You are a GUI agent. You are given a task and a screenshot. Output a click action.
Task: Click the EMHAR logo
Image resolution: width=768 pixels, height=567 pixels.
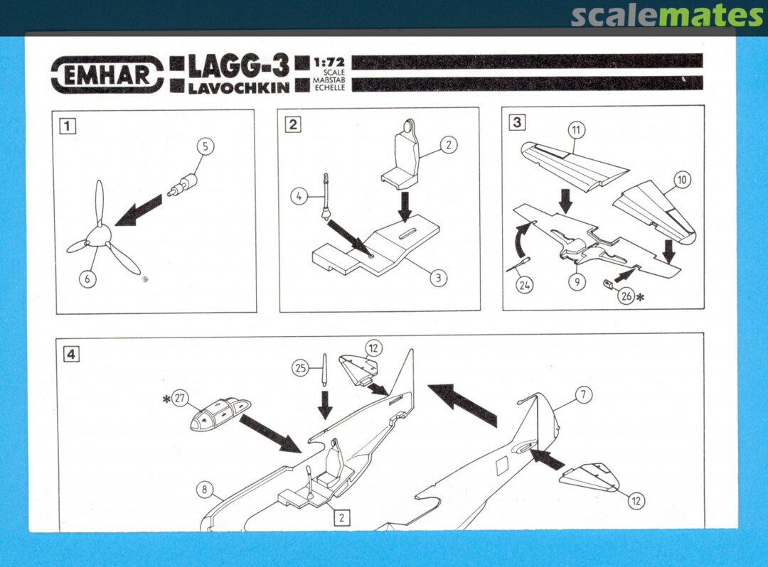pos(107,75)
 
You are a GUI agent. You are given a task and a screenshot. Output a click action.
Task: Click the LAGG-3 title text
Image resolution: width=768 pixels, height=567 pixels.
pos(238,67)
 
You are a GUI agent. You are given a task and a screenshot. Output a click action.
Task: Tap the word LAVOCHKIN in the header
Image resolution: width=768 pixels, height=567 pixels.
pos(238,88)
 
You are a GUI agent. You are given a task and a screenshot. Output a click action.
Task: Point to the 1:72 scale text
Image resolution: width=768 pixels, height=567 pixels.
pos(329,63)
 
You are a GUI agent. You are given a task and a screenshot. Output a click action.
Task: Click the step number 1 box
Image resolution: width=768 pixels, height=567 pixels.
pos(68,126)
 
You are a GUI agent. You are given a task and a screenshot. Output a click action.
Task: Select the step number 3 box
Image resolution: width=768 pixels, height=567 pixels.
pos(517,121)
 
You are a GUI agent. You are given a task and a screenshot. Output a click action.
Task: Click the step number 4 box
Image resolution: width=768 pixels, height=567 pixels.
pos(72,353)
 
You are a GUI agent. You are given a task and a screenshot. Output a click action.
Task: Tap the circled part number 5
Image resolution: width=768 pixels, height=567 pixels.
pos(206,146)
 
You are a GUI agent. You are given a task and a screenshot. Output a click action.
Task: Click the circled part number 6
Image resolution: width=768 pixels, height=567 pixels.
pos(87,279)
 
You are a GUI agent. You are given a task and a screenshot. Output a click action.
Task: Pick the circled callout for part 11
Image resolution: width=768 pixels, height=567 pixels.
pos(577,130)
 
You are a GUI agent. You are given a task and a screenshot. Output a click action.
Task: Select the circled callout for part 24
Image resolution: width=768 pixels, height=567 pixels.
pos(524,285)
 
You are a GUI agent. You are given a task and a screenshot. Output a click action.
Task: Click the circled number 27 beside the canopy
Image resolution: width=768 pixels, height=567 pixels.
pos(180,398)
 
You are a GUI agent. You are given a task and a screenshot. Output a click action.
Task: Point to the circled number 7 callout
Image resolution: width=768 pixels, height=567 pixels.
pos(583,394)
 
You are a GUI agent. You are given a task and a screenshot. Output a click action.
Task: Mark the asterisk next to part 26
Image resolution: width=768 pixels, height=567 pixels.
pos(640,296)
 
